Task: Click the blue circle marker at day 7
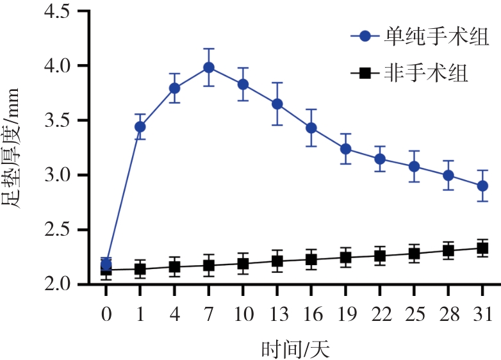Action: (209, 67)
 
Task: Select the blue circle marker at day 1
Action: (140, 127)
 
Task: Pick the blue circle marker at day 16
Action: (311, 128)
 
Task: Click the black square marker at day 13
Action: (277, 261)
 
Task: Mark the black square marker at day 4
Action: (174, 266)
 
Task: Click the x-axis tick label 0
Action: (106, 315)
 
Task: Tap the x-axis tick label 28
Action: (448, 315)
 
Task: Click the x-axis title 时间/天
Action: (295, 350)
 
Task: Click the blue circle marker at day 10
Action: (243, 84)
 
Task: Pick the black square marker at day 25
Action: (414, 254)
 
